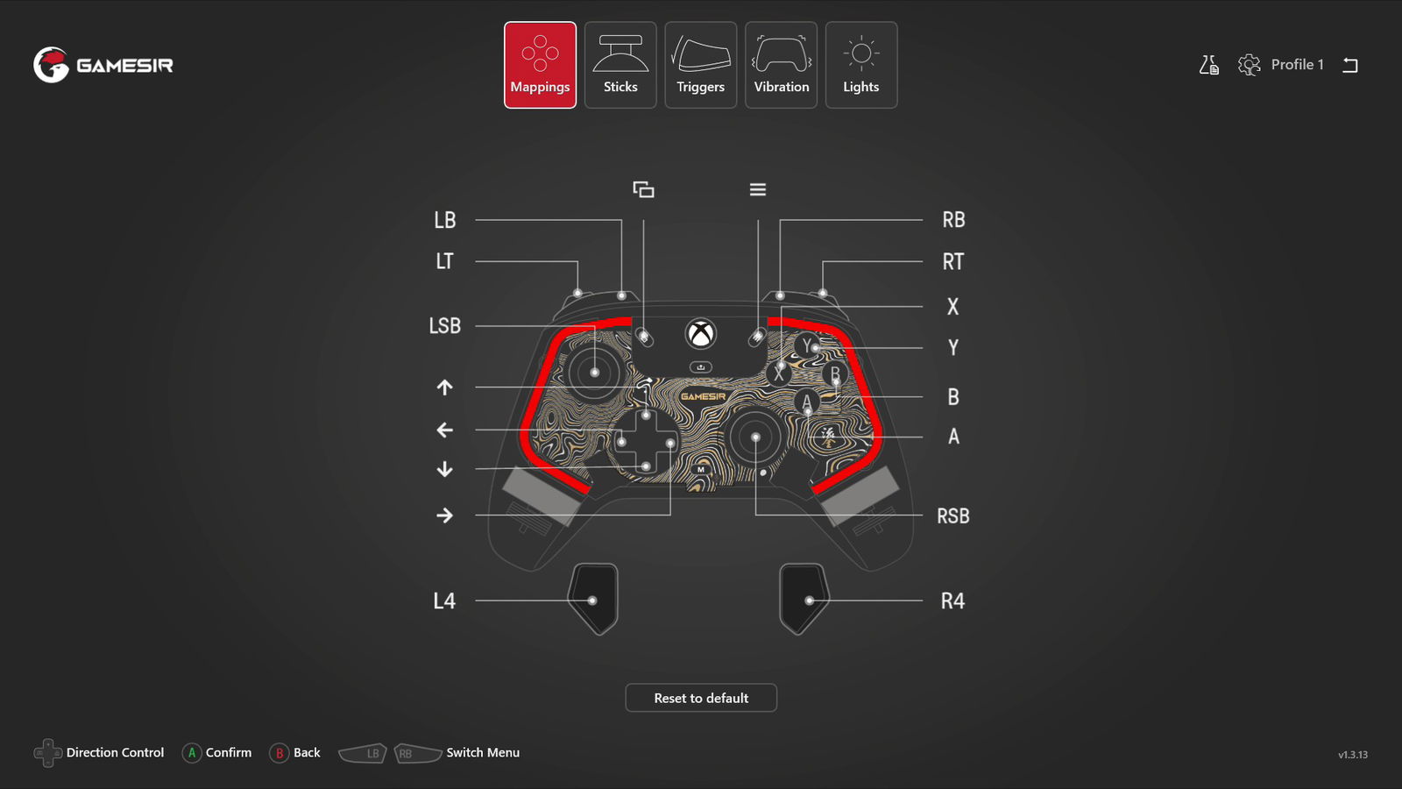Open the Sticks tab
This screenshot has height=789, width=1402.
[620, 65]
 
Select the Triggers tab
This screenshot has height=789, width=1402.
[700, 65]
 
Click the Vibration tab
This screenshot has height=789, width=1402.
[781, 65]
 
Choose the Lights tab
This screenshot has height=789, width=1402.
[860, 65]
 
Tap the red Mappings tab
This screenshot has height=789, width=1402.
[540, 65]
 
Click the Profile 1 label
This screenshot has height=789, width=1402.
[1297, 65]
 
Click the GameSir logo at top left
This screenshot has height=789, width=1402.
[103, 65]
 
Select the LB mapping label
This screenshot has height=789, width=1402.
[445, 220]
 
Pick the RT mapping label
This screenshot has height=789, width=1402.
[953, 261]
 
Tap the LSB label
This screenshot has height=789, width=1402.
[445, 326]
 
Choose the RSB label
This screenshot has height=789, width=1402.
[953, 516]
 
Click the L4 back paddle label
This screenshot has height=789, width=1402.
[444, 601]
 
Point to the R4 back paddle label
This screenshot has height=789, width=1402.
[952, 601]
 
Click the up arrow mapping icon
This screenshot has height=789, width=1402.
[445, 387]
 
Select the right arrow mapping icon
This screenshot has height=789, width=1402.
[445, 515]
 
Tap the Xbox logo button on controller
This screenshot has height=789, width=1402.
[701, 334]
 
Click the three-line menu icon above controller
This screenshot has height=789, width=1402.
[758, 189]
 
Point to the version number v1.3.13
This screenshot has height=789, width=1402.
[1352, 755]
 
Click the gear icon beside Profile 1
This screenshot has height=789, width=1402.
[1249, 65]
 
